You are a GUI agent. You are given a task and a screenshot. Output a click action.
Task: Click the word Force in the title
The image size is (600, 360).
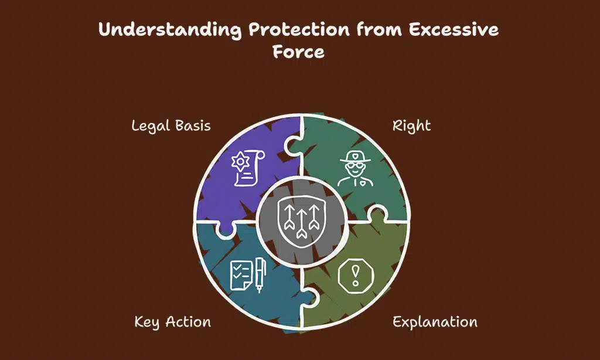point(298,52)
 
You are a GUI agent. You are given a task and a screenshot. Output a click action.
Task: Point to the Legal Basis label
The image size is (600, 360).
point(171,125)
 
